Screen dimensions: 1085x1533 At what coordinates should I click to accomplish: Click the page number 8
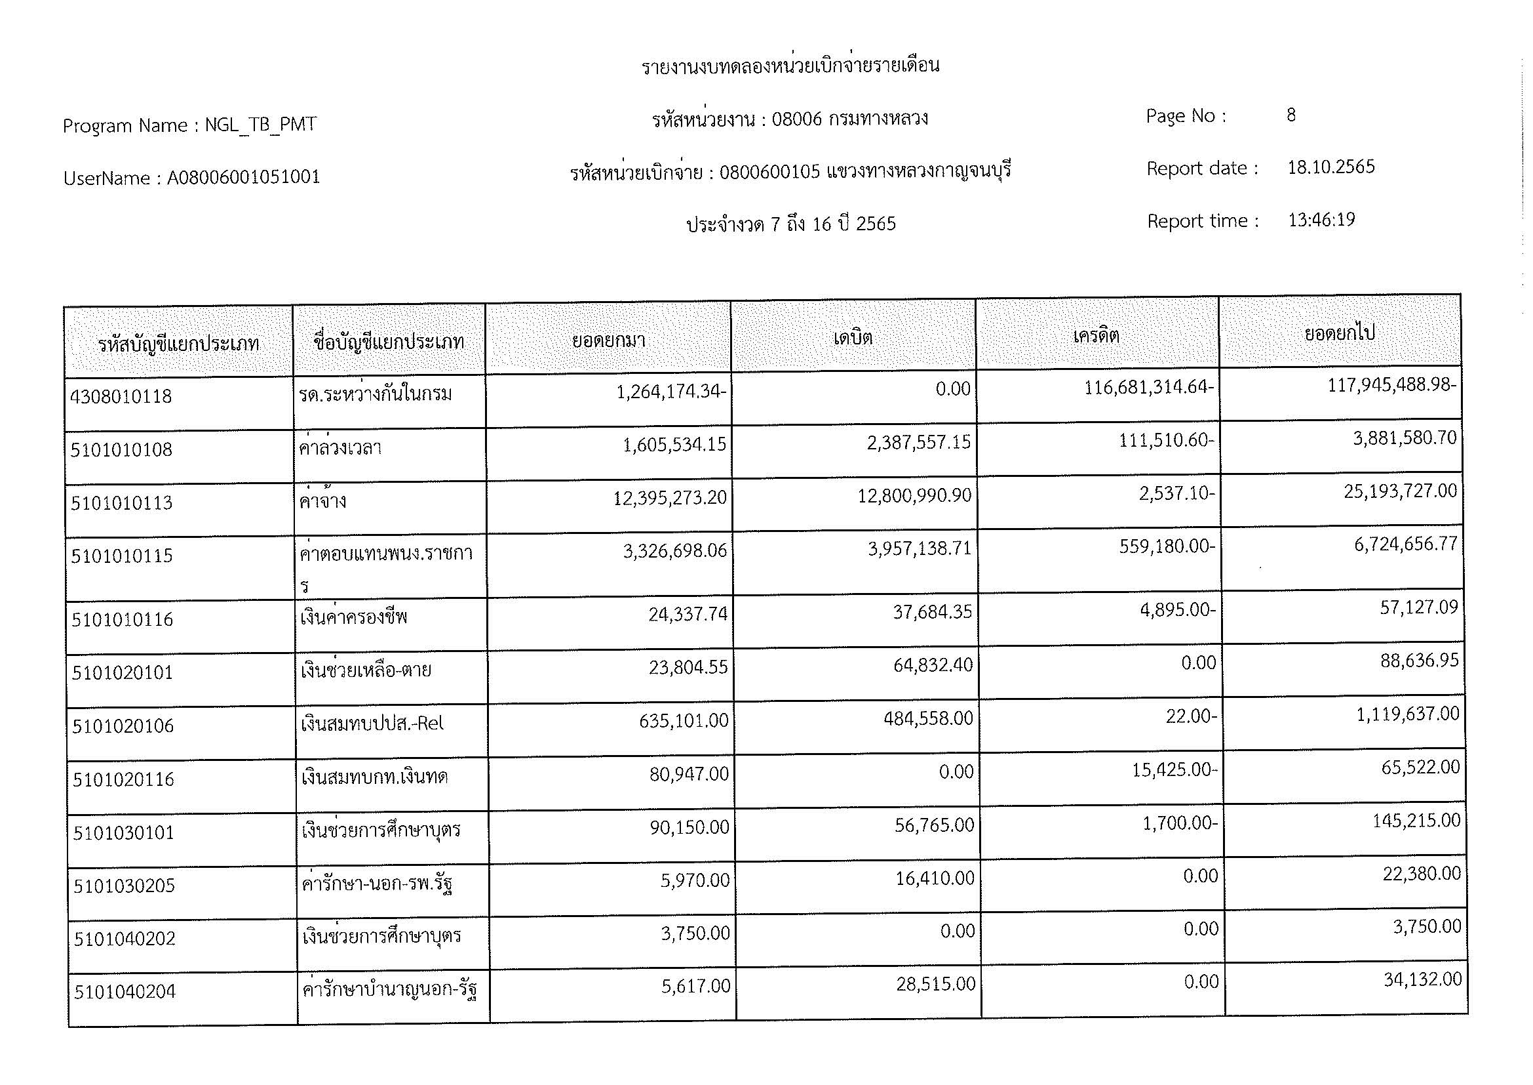1290,115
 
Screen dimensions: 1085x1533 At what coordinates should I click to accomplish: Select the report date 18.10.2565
1330,167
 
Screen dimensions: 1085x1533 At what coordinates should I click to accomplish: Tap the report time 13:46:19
1321,220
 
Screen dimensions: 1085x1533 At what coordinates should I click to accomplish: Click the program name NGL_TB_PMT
260,125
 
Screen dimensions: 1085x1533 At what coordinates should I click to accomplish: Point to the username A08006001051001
244,178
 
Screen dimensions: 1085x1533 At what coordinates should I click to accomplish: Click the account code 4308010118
121,397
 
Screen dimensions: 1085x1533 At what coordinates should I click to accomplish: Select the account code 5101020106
123,726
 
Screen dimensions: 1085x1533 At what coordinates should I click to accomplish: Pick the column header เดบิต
853,337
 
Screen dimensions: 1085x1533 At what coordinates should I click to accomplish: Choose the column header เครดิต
1096,335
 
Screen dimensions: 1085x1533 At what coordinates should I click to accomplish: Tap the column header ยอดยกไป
1339,333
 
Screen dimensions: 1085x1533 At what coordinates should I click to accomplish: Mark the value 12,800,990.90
914,496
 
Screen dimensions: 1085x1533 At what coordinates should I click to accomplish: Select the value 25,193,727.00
1399,492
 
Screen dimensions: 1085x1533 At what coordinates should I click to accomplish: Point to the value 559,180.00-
1167,546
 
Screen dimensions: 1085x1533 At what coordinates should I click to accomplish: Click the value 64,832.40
933,665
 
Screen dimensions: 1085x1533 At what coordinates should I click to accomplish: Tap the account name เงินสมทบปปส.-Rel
372,724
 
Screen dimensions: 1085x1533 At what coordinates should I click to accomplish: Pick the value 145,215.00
1416,821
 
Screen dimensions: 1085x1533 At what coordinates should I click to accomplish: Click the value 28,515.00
935,984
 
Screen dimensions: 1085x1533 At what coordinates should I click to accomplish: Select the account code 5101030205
124,886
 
